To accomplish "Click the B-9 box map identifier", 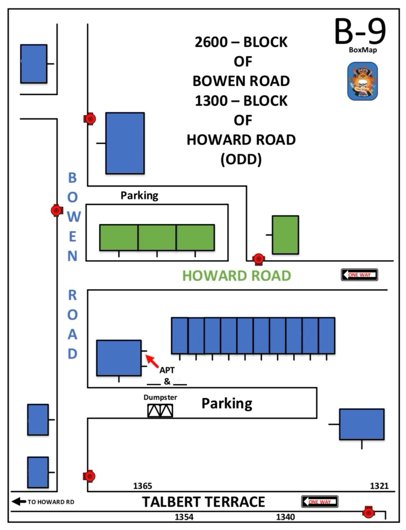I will pos(360,31).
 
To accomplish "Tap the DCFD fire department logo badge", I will pos(362,81).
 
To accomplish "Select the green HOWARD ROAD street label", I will pos(236,276).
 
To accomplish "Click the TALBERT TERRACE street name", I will pos(203,502).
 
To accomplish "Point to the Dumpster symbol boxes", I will pos(160,411).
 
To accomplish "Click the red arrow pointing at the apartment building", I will pos(152,360).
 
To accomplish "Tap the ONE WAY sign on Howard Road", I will pos(359,275).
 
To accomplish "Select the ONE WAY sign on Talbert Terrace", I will pos(320,502).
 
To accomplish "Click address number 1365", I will pos(142,486).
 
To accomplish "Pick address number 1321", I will pos(379,486).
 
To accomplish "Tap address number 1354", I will pos(184,517).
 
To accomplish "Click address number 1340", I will pos(285,517).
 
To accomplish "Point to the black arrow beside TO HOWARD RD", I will pos(19,501).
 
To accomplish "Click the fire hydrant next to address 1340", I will pos(368,513).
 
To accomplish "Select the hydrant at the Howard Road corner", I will pos(258,259).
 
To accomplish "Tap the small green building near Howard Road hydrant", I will pos(285,235).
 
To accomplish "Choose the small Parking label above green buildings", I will pos(139,195).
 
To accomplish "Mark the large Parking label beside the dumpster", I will pos(227,404).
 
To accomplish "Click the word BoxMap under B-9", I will pos(362,50).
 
